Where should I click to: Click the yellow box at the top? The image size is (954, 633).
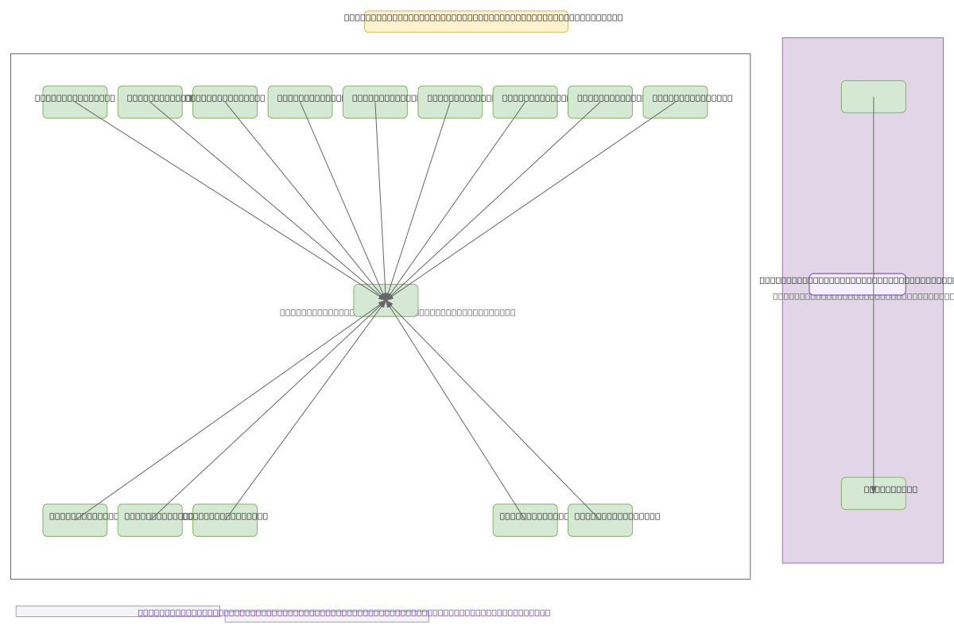(x=466, y=22)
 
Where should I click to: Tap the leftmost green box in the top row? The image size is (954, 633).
(x=75, y=108)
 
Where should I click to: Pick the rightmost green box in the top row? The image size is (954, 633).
(x=675, y=108)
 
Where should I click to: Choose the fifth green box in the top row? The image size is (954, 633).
(x=375, y=108)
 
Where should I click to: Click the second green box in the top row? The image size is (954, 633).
(x=149, y=108)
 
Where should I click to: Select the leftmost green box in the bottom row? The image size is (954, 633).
(x=75, y=525)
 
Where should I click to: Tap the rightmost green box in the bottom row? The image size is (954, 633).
(x=600, y=525)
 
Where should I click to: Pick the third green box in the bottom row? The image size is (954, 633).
(x=225, y=525)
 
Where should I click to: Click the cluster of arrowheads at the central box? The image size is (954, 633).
(x=386, y=298)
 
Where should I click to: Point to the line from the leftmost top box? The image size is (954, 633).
(x=230, y=199)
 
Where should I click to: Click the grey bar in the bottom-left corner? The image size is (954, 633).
(x=79, y=611)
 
